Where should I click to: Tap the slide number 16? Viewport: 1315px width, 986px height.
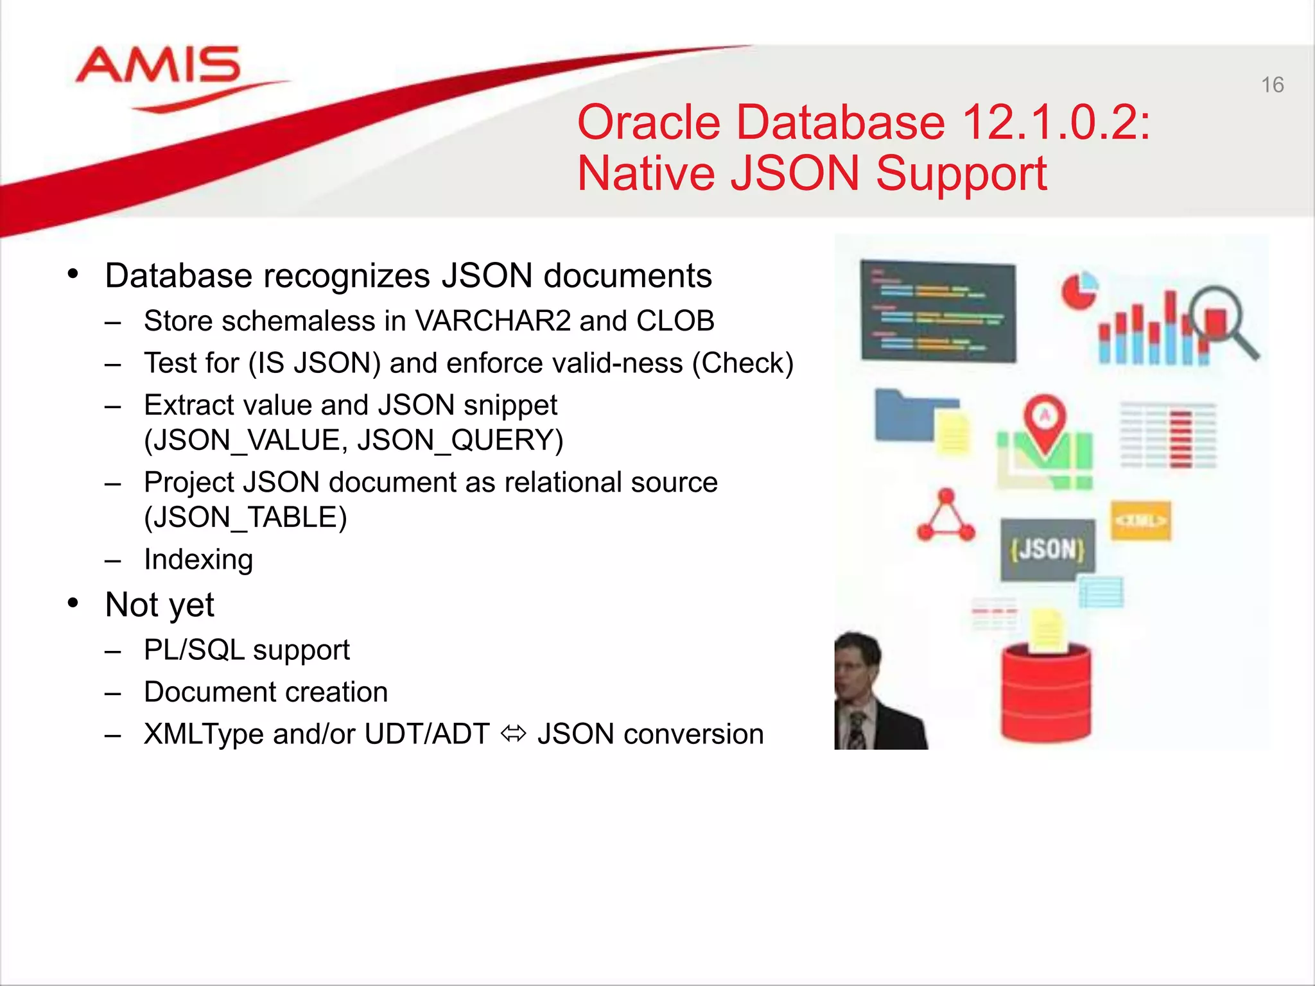click(1272, 85)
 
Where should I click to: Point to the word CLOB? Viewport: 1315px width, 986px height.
click(675, 321)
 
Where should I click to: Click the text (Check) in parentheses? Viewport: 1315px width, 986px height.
click(742, 363)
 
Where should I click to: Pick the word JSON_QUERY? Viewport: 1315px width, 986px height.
click(460, 440)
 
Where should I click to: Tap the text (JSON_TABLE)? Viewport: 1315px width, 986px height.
click(245, 517)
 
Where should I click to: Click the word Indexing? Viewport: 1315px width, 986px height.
click(198, 559)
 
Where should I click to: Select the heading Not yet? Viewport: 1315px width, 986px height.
click(159, 605)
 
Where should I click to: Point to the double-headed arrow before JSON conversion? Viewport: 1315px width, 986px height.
click(514, 734)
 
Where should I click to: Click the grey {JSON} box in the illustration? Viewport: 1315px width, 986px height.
click(1047, 549)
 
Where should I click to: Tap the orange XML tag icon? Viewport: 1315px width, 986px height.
click(1141, 521)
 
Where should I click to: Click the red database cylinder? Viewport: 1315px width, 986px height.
click(1046, 693)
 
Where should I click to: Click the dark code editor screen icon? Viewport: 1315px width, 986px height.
click(938, 311)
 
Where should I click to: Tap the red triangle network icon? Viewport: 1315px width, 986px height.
click(946, 516)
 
